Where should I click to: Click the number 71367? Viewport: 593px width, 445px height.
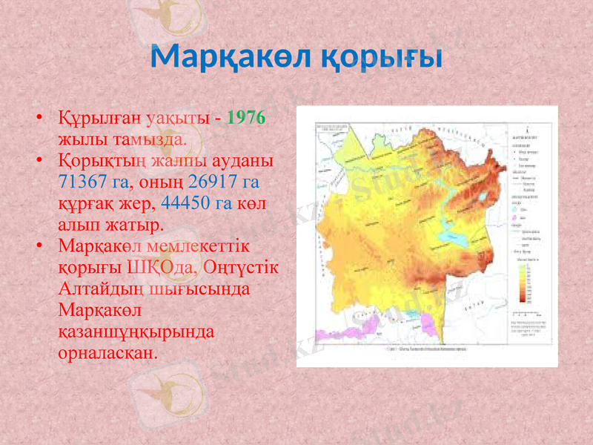pos(82,181)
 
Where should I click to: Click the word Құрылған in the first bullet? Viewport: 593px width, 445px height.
pos(100,119)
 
